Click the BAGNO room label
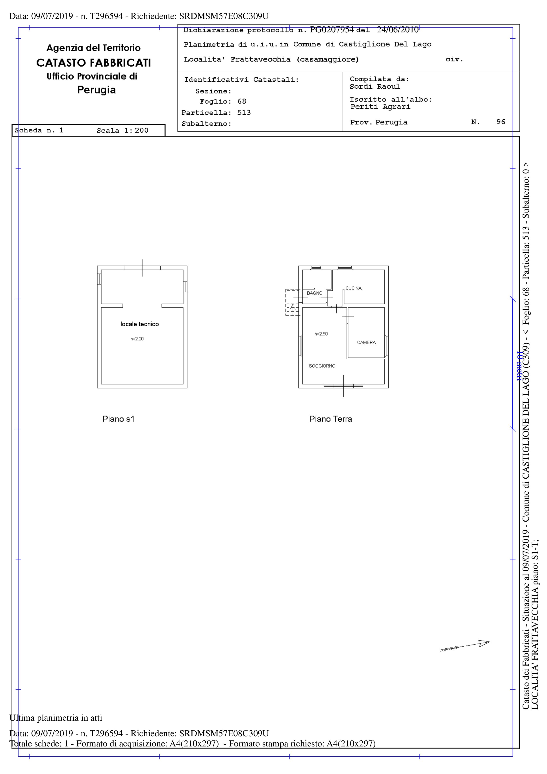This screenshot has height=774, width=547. (314, 293)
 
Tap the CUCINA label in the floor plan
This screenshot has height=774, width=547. (353, 288)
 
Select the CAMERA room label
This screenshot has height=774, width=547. (366, 343)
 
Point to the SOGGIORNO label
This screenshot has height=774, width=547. (322, 366)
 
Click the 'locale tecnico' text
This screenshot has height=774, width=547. (139, 324)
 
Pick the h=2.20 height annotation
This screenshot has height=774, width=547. (137, 339)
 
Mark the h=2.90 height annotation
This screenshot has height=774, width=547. (321, 334)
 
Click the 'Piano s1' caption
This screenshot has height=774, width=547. (118, 419)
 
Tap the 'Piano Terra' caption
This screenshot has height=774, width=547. (330, 419)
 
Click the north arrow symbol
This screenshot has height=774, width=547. (465, 646)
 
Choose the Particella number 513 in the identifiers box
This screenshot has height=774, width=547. (244, 113)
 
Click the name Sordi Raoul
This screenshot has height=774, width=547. (375, 87)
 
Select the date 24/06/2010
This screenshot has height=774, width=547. (398, 30)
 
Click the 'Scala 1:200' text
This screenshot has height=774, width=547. (123, 131)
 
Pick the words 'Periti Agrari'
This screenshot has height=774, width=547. (380, 107)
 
